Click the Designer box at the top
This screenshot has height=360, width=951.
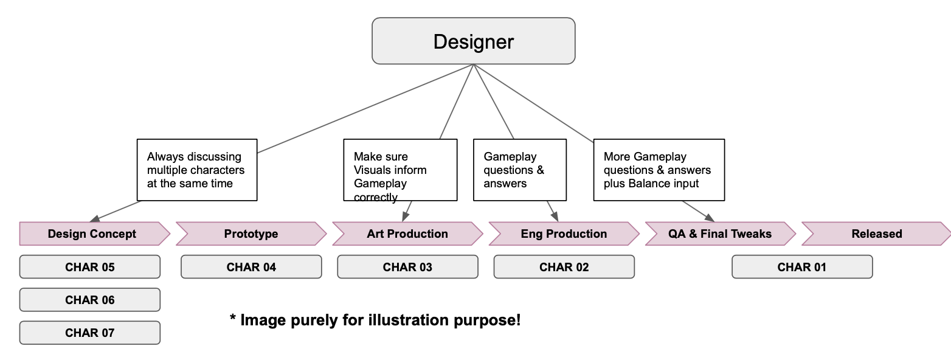coord(473,41)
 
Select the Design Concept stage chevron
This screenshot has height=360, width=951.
coord(92,234)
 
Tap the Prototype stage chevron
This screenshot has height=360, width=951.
coord(251,234)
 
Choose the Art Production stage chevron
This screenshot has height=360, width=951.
coord(407,234)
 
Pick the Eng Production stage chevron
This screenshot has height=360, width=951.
coord(564,234)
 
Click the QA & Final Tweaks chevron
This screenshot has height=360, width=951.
coord(720,234)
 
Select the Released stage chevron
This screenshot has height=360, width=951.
coord(876,234)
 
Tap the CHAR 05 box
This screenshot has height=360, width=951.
coord(90,267)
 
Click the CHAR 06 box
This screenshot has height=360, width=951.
coord(90,300)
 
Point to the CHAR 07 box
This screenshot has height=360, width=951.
coord(90,333)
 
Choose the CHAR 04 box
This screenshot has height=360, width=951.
coord(251,267)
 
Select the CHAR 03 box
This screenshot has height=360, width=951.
coord(407,267)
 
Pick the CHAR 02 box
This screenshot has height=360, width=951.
coord(564,267)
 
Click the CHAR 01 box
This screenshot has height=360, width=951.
coord(802,267)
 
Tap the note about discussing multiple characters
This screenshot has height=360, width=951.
coord(197,170)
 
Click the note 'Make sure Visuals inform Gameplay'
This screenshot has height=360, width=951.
coord(400,170)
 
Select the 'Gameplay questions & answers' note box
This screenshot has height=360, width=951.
coord(520,170)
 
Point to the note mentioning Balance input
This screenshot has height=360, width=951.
coord(659,170)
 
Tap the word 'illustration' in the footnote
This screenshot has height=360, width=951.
coord(409,319)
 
